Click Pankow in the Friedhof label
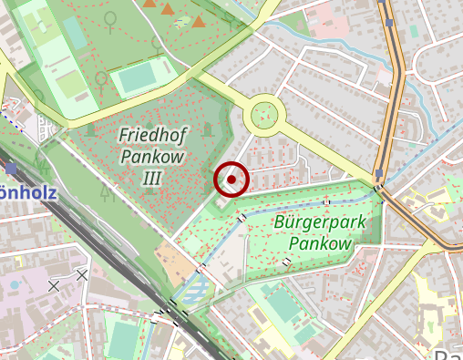click(x=151, y=156)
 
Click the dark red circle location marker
click(x=231, y=180)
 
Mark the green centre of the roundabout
click(x=264, y=114)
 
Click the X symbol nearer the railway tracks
click(x=83, y=274)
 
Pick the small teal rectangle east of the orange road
click(x=415, y=31)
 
